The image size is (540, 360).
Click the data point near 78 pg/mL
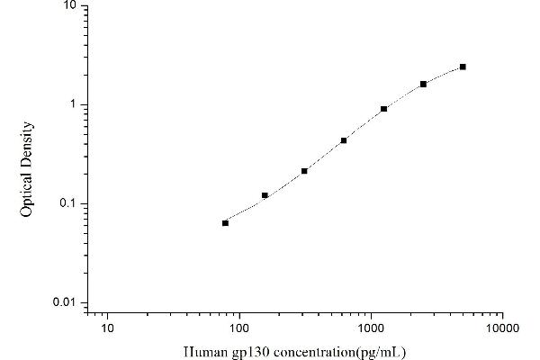(x=225, y=222)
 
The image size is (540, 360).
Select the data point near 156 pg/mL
(x=265, y=195)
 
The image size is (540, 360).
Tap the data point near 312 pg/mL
(x=304, y=170)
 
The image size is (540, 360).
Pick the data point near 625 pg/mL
(x=344, y=140)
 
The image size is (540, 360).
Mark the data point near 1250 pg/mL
(x=383, y=109)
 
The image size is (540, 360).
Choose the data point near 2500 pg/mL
(x=423, y=84)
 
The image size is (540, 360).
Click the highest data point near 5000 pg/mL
(x=463, y=67)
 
